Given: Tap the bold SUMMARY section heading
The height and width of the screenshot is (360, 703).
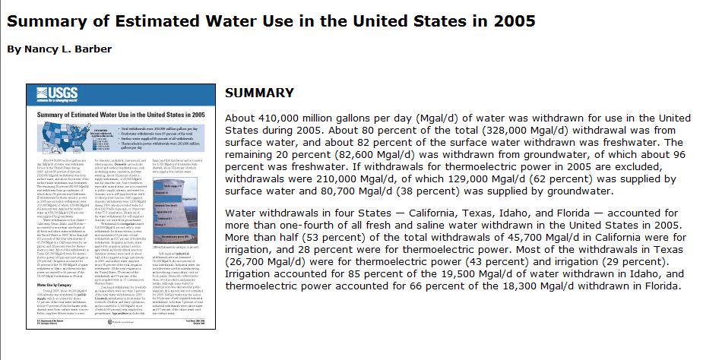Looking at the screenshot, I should pos(260,93).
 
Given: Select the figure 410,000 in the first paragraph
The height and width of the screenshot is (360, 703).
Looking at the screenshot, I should pos(285,118).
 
